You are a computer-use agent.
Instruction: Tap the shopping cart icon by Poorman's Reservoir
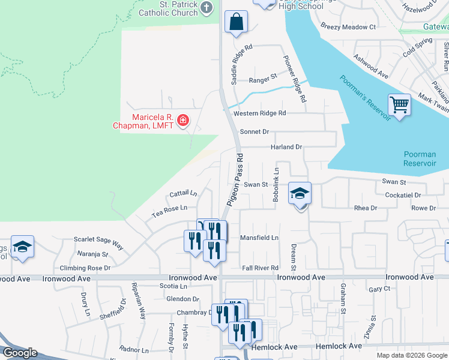(x=399, y=106)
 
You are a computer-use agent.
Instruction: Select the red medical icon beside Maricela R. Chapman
(x=183, y=121)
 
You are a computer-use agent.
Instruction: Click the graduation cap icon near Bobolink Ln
(x=300, y=194)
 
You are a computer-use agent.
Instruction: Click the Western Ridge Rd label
(x=260, y=113)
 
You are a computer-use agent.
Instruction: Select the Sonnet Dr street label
(x=254, y=131)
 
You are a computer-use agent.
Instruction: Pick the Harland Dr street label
(x=286, y=147)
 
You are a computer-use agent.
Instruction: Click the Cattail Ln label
(x=183, y=194)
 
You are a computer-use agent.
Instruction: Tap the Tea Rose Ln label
(x=169, y=208)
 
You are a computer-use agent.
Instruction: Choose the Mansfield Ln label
(x=259, y=238)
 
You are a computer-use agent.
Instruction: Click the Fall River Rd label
(x=260, y=268)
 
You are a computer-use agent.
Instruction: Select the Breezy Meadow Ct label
(x=348, y=27)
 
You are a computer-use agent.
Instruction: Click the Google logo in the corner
(x=20, y=353)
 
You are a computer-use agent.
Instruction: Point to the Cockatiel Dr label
(x=403, y=195)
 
